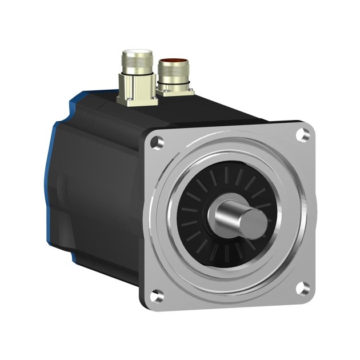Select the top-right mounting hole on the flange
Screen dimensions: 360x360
(303, 135)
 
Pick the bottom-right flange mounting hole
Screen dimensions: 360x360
(303, 289)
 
